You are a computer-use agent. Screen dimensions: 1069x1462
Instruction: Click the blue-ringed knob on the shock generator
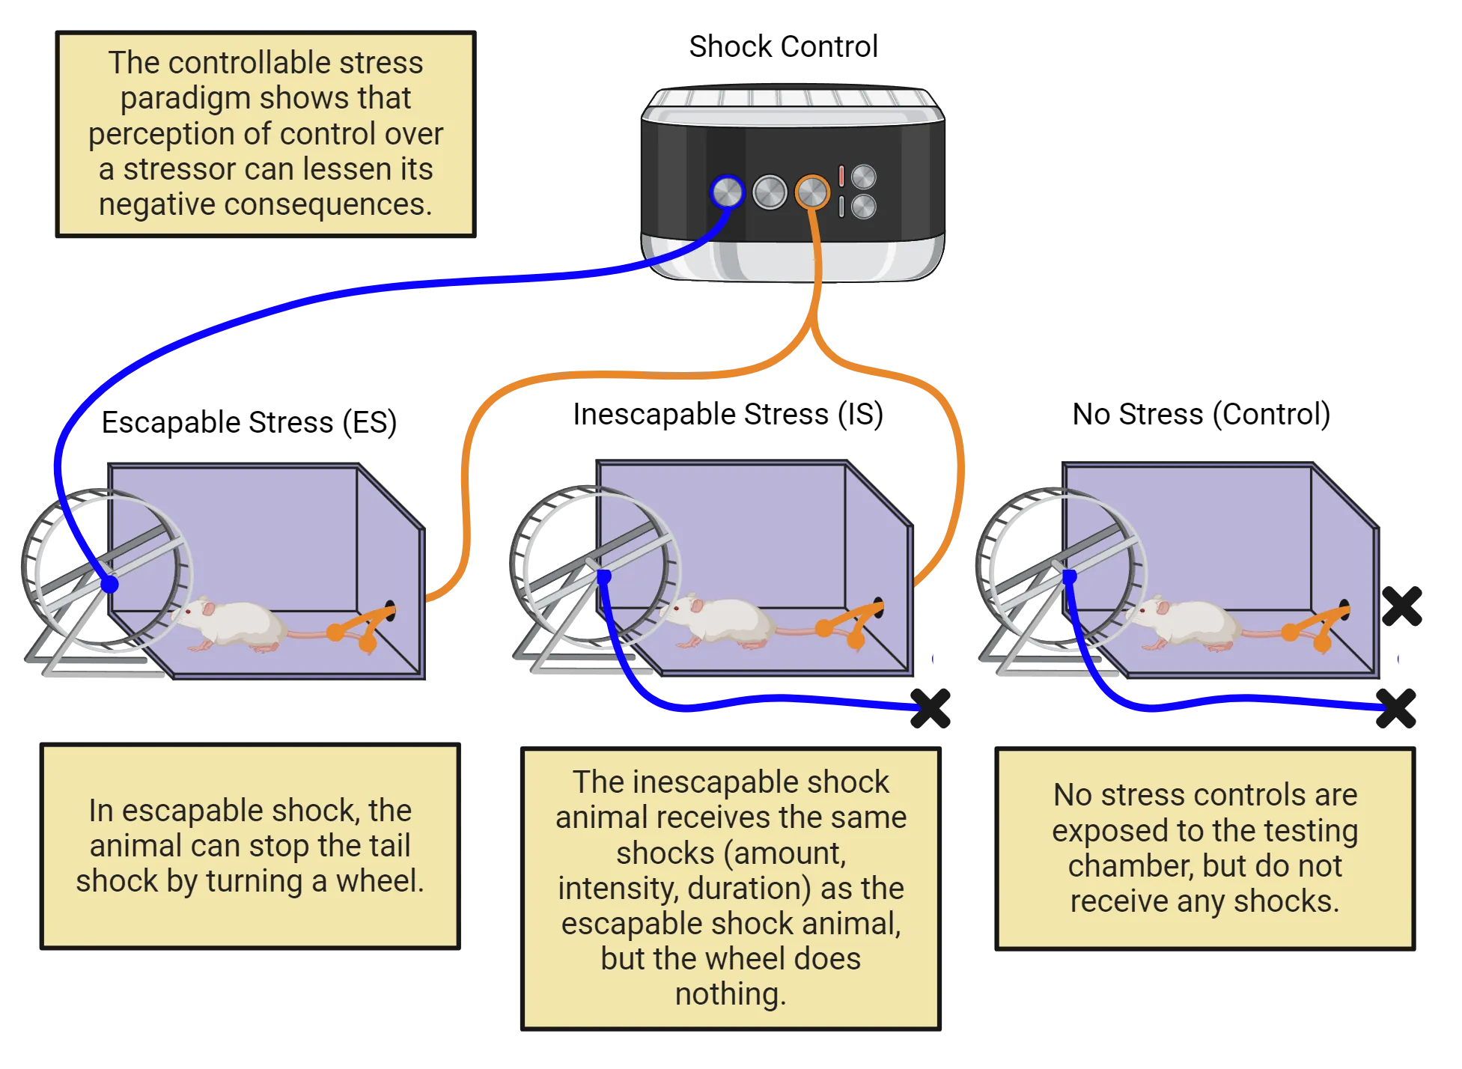(x=726, y=192)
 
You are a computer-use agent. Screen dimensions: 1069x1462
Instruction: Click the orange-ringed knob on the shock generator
(x=811, y=192)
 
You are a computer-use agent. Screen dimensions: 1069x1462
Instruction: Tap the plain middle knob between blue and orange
(x=770, y=192)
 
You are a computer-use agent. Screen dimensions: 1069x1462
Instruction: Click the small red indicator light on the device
(x=841, y=176)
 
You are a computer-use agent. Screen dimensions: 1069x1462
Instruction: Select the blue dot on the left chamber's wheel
(x=109, y=585)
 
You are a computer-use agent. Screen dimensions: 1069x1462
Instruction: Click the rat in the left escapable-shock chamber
(x=232, y=623)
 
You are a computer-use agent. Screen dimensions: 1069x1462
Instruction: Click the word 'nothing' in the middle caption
(x=730, y=994)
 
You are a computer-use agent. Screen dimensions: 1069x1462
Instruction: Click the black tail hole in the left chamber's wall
(x=390, y=606)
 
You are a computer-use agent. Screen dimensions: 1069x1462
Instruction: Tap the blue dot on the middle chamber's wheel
(x=604, y=576)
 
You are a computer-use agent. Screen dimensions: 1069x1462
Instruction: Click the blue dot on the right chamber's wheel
(x=1070, y=576)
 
